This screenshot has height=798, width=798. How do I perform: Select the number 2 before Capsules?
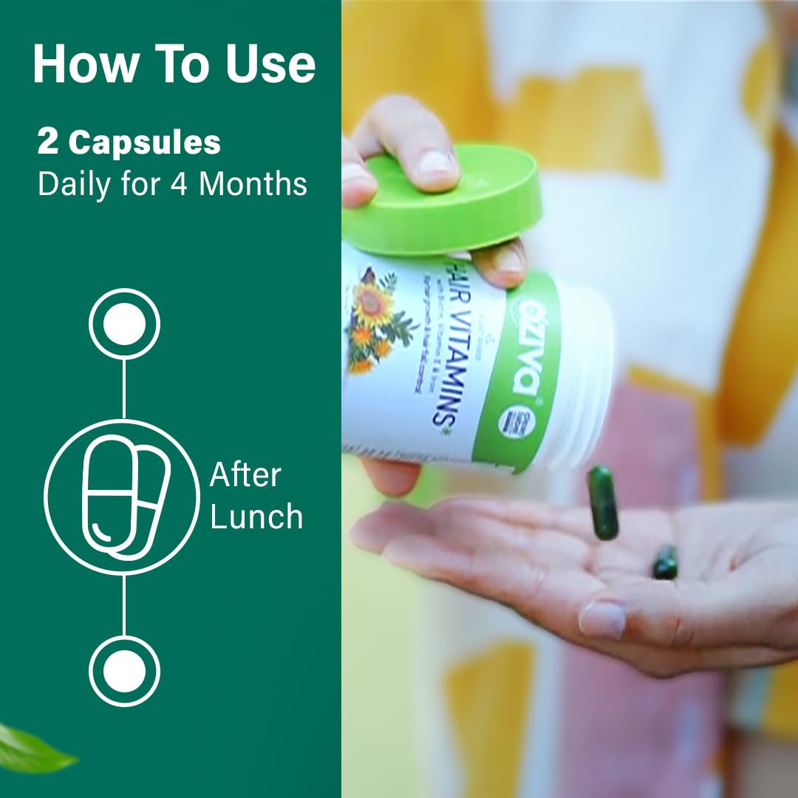(x=48, y=143)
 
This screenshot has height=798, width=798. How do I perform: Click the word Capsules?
(x=145, y=143)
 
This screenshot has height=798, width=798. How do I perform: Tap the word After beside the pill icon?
(x=245, y=475)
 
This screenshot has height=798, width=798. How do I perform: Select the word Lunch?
(x=256, y=516)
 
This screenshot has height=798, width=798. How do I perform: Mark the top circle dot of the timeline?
(x=124, y=324)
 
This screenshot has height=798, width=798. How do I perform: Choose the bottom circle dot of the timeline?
(x=124, y=672)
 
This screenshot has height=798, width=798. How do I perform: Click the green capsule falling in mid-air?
(x=603, y=502)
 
